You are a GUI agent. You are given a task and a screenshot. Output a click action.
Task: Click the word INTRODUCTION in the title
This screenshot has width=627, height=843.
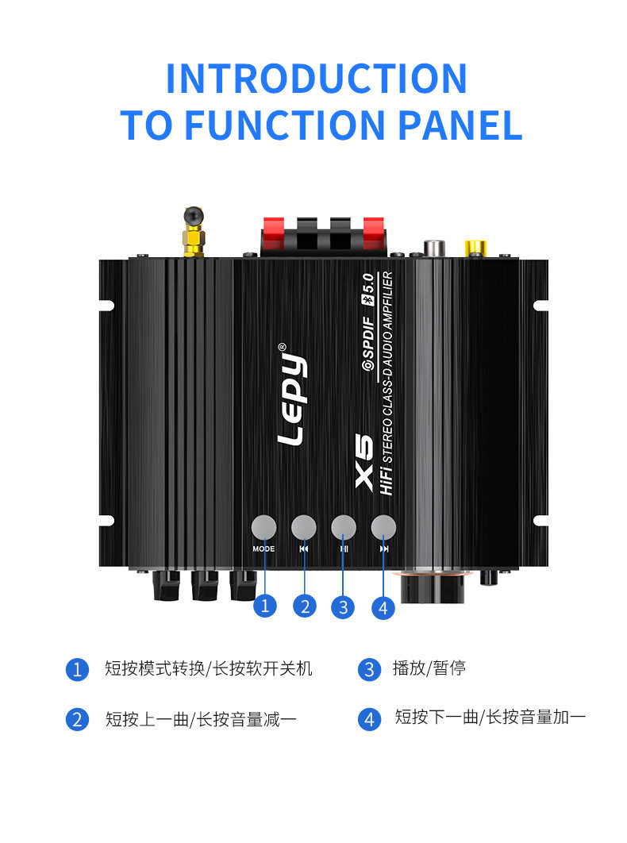point(316,79)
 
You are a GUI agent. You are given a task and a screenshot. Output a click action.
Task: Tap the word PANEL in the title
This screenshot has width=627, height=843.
point(460,125)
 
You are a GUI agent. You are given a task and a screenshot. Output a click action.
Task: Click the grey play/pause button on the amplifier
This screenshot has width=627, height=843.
point(344,527)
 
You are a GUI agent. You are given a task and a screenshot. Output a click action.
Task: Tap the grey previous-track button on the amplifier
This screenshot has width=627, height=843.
point(304,527)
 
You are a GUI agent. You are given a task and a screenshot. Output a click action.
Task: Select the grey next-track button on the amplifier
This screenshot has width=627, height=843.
point(383,527)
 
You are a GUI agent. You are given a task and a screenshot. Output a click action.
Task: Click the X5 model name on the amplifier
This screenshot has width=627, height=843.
point(364,461)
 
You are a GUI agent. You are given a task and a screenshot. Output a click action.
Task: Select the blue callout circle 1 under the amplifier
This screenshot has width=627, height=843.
point(265,606)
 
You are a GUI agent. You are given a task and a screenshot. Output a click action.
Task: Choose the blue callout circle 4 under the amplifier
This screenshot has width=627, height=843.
point(383,608)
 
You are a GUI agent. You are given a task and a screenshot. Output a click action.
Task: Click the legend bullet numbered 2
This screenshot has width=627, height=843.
point(77,720)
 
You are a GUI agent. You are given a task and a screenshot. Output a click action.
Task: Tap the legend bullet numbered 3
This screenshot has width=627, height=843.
point(369,669)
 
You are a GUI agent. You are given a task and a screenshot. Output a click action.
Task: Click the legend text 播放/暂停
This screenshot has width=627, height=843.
point(429,668)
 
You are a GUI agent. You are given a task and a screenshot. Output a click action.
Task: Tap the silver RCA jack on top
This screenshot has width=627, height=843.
point(433,248)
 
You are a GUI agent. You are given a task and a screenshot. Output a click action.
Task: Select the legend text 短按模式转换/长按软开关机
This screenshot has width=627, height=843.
point(209,668)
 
